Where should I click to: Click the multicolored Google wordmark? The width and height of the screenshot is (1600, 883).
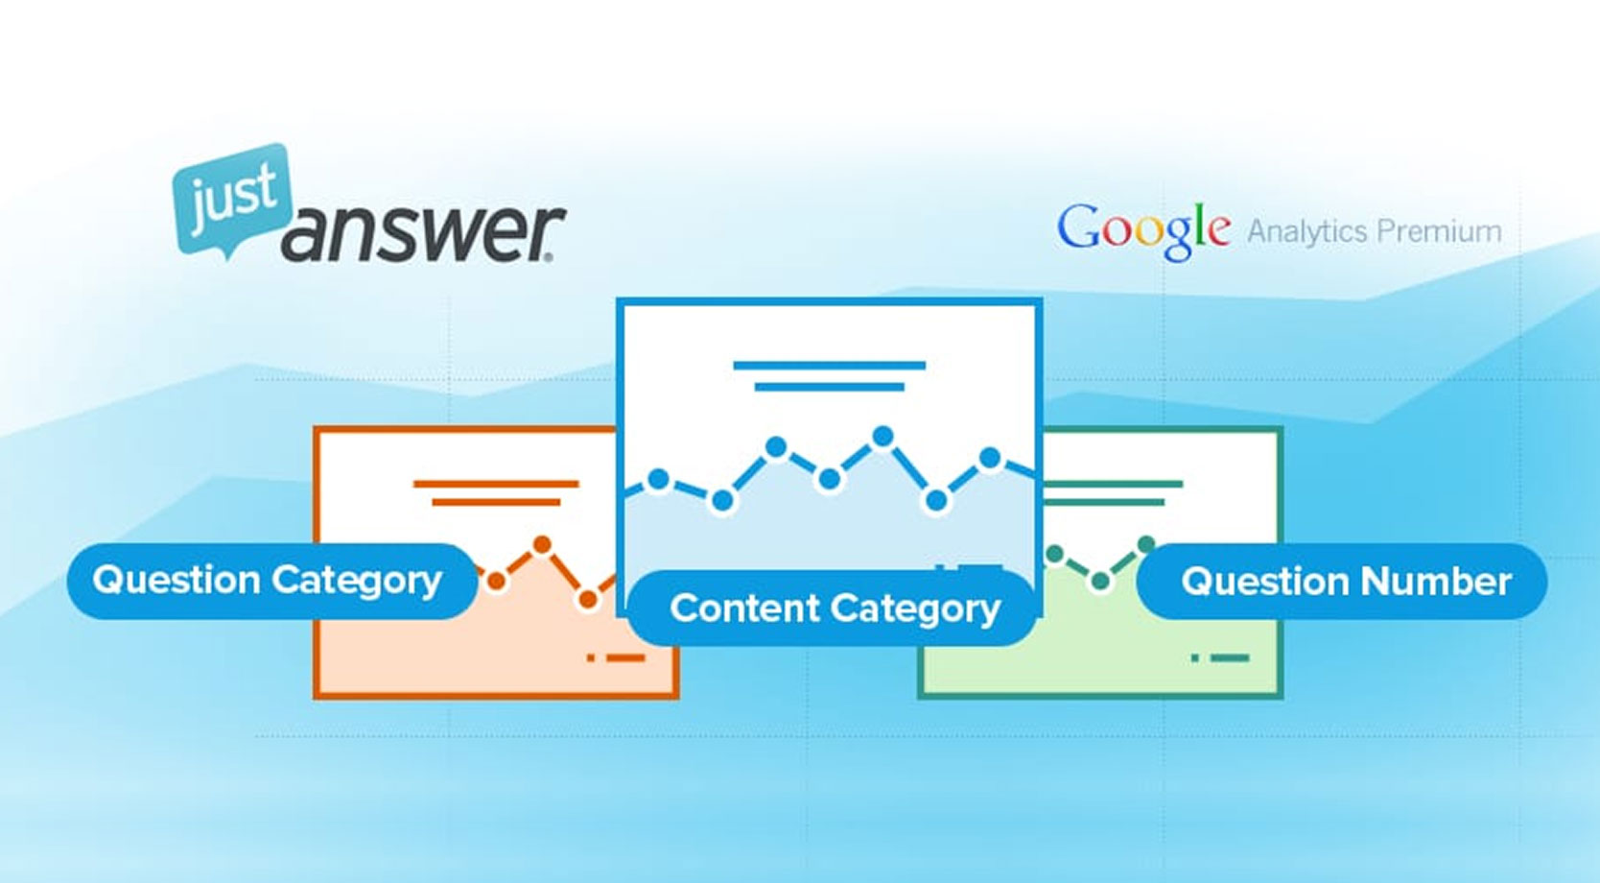1142,229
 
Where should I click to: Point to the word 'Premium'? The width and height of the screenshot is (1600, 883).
1439,231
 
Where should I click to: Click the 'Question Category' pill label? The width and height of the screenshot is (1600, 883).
272,581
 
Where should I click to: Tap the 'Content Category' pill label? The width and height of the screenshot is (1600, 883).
832,609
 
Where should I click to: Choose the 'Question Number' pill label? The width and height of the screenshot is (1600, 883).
1341,582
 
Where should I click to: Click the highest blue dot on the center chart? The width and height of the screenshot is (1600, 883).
882,436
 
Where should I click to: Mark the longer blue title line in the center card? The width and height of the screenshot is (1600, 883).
830,366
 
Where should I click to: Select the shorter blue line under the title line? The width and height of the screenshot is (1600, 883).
830,388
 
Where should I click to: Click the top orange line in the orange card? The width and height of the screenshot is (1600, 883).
496,484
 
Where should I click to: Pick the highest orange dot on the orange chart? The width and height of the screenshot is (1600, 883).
542,545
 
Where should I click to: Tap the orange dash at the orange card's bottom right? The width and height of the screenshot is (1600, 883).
625,657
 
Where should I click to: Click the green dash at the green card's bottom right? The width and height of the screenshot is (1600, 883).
1230,657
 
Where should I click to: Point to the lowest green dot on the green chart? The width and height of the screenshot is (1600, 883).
1100,582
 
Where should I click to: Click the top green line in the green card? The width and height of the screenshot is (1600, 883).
1113,484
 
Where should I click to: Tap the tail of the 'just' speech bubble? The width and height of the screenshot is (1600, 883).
227,251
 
